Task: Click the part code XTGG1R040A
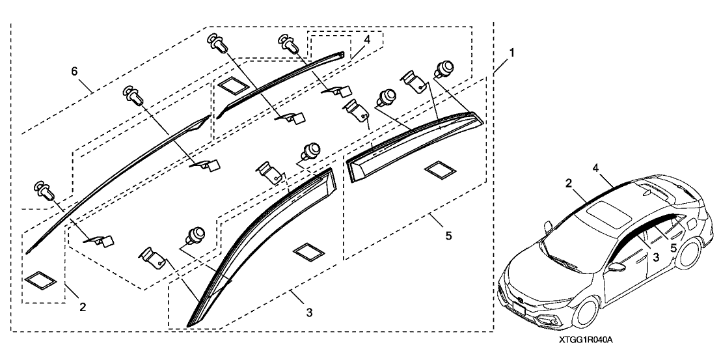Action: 586,340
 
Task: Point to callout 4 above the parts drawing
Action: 367,40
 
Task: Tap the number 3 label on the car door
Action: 656,258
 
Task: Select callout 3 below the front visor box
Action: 309,313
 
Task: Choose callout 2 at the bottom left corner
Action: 82,305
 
